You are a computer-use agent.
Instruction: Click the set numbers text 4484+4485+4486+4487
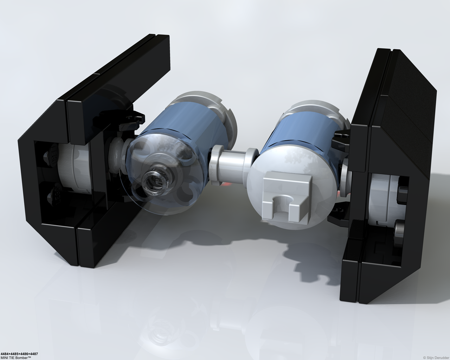click(19, 354)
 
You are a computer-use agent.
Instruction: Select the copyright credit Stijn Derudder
click(438, 358)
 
